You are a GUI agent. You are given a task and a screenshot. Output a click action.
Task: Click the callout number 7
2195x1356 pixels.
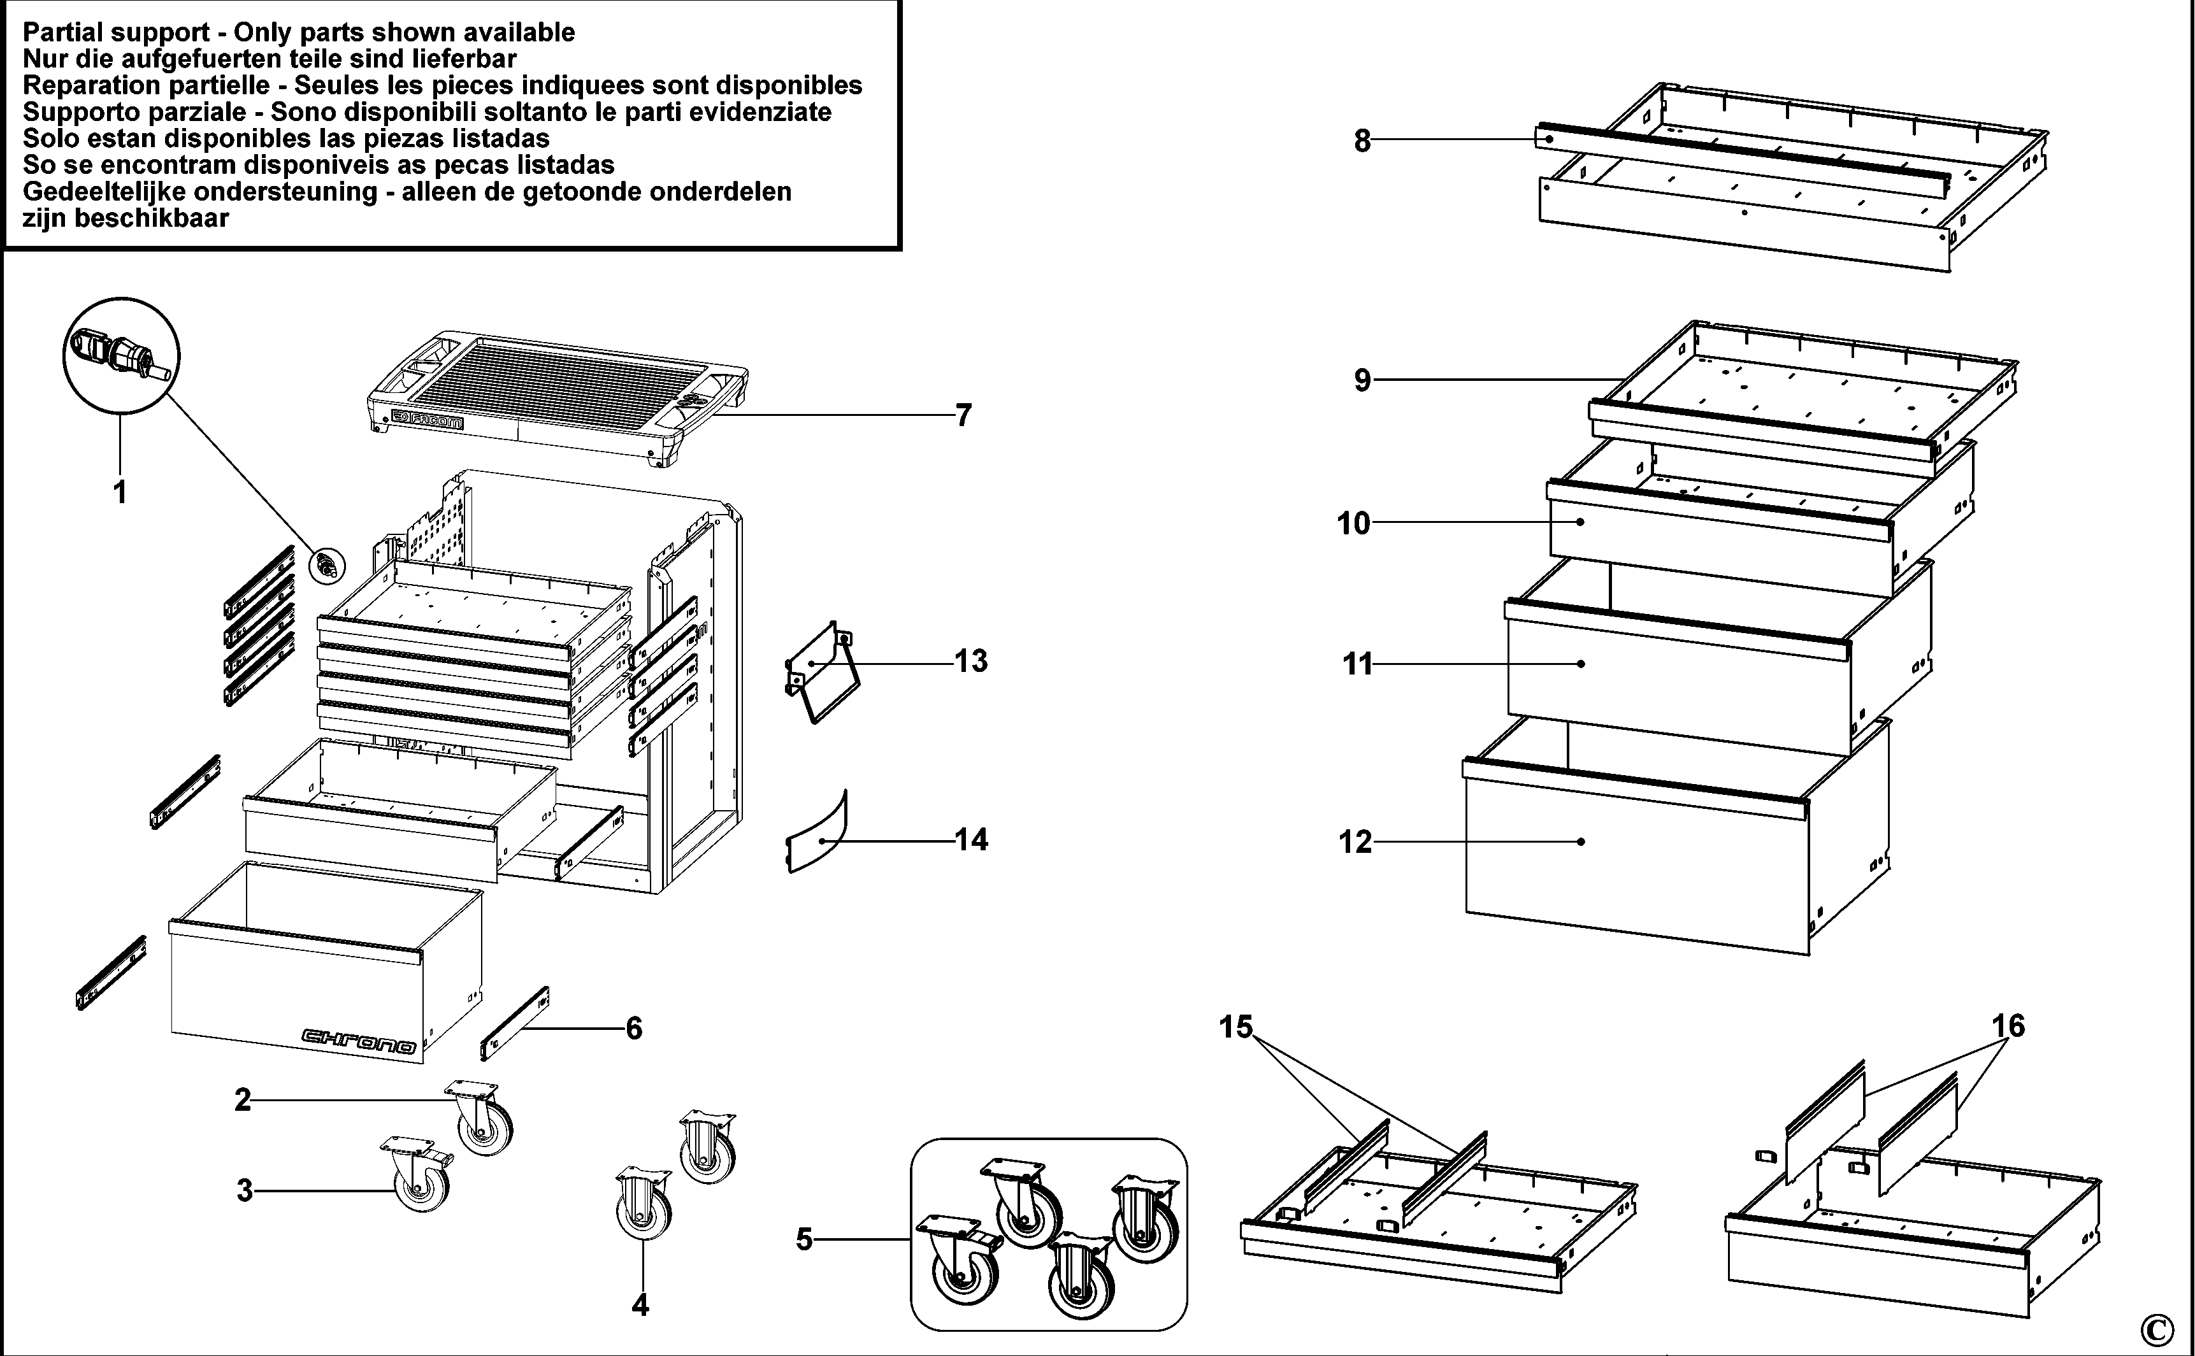click(963, 415)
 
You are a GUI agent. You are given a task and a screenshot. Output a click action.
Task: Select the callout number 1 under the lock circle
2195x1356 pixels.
click(119, 492)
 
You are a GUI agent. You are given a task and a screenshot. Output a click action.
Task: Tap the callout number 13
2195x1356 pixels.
click(970, 661)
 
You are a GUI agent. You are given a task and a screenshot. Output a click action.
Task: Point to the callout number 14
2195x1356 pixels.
click(970, 839)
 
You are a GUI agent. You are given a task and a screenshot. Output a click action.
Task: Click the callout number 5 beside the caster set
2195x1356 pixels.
click(803, 1239)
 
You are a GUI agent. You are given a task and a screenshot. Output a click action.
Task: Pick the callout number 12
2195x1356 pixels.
click(1355, 842)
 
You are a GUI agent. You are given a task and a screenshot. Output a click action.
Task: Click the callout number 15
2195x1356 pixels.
click(1235, 1027)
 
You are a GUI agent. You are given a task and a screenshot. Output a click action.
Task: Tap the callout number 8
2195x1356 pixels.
click(1362, 141)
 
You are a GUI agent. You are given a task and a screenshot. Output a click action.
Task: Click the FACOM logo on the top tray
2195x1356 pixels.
click(428, 420)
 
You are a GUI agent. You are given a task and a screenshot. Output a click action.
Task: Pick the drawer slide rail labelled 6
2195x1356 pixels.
click(515, 1022)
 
